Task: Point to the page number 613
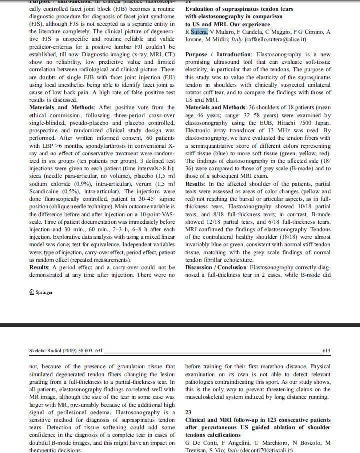[x=327, y=350]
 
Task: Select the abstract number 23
[x=188, y=413]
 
